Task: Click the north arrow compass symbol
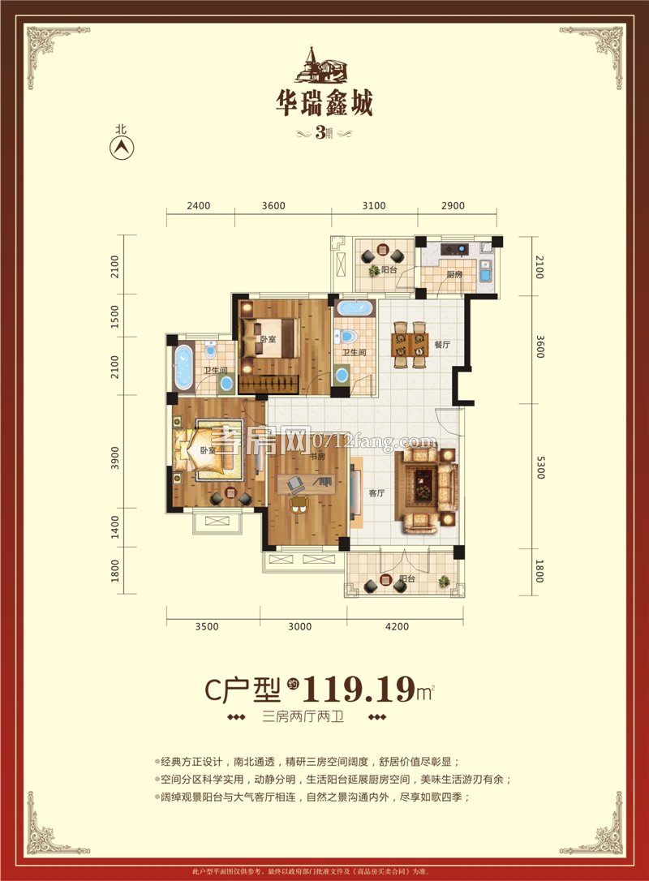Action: (x=122, y=147)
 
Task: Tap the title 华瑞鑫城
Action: (x=324, y=104)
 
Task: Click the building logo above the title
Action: (x=324, y=66)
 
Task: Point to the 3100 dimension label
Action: (x=373, y=205)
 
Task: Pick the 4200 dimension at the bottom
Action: (x=398, y=626)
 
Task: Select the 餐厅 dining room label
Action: (x=442, y=345)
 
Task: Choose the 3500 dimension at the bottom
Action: (x=207, y=626)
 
